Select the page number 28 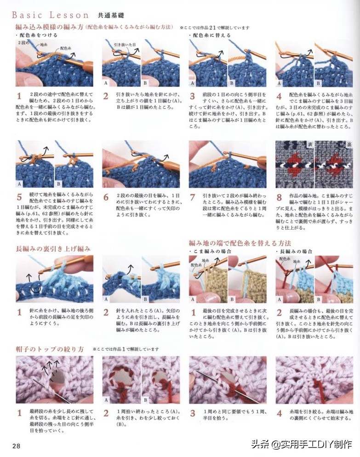coord(16,445)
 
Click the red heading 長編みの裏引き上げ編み coord(53,249)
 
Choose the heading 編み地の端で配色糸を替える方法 coord(240,243)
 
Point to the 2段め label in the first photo coord(23,42)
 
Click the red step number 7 coord(193,197)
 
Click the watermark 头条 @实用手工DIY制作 coord(301,444)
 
